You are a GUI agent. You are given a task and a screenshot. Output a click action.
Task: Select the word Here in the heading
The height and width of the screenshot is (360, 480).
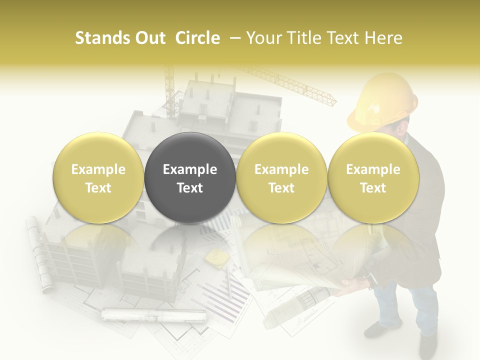384,38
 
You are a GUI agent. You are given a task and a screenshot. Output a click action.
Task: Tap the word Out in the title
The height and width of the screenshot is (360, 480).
148,38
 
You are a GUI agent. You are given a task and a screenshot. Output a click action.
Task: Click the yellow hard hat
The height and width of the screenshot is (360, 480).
382,104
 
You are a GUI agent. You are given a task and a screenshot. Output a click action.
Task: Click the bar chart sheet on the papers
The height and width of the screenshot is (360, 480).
225,295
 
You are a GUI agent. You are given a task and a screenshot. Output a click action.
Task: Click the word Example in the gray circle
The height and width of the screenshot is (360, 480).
190,169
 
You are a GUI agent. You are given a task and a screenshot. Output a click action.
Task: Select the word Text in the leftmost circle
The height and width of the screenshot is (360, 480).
98,188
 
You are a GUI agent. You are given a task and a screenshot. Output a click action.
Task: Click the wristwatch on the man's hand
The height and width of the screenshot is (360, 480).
369,280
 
